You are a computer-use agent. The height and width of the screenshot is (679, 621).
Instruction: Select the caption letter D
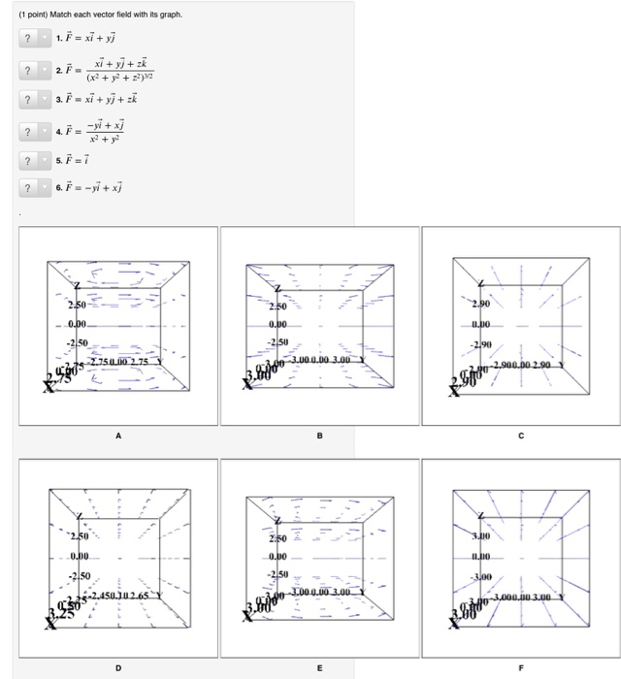pos(118,668)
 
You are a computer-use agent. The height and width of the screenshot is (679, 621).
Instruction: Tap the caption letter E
pos(319,668)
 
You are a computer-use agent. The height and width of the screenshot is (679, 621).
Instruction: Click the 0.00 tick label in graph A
pos(78,324)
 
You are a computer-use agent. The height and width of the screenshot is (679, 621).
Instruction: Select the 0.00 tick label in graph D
pos(79,556)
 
